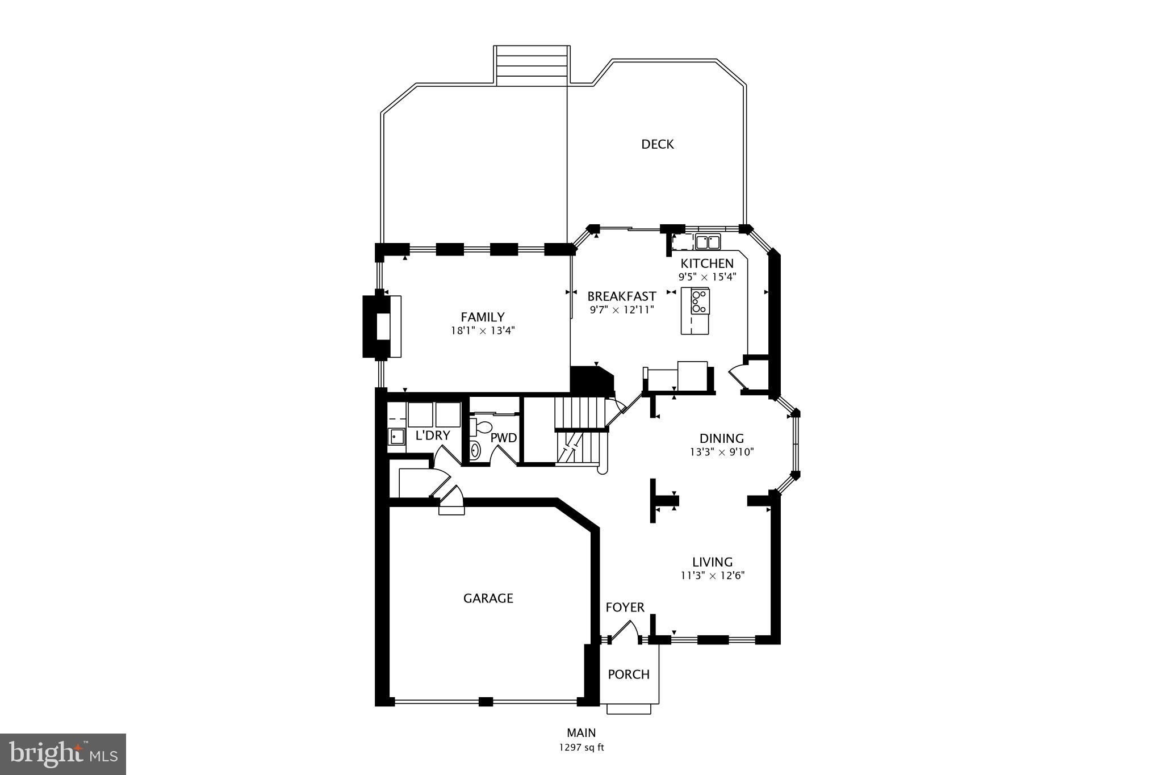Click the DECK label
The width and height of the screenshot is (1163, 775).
coord(657,144)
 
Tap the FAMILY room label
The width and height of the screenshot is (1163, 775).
coord(482,317)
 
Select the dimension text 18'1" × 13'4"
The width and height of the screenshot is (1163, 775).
coord(482,331)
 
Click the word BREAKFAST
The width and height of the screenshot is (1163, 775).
coord(621,296)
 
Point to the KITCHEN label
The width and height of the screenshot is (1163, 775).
coord(707,263)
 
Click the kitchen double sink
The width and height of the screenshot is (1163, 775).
coord(708,242)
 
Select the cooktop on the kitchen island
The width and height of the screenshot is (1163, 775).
coord(700,301)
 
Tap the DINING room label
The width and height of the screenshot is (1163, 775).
coord(721,438)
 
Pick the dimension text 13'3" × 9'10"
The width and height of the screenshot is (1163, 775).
coord(721,453)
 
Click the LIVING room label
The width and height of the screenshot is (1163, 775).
coord(712,562)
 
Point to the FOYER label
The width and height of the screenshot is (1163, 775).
coord(625,608)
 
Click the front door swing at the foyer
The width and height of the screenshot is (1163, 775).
coord(626,630)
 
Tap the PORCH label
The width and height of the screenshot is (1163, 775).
coord(629,675)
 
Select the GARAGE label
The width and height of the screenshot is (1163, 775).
coord(488,598)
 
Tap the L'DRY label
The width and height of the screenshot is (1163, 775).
coord(433,435)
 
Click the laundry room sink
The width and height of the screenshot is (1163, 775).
coord(396,437)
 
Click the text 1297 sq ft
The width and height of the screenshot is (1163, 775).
coord(581,748)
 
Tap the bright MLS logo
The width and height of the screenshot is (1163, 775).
coord(63,754)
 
